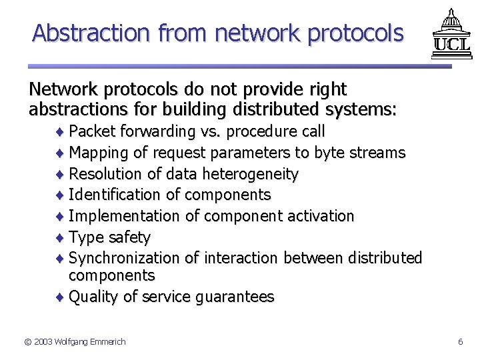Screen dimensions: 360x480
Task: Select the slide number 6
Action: point(460,342)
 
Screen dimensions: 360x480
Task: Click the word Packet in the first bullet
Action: point(91,131)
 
